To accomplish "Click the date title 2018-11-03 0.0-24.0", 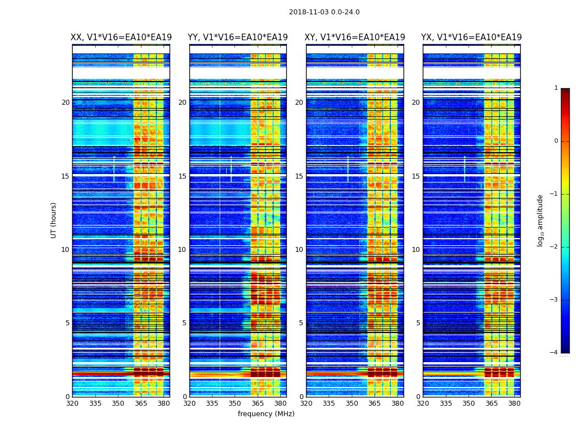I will [324, 12].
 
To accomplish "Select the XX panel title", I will [121, 37].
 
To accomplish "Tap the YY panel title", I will [238, 37].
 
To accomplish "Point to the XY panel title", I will [355, 37].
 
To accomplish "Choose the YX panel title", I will [472, 37].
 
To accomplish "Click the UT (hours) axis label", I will [54, 220].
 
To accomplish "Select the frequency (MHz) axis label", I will [266, 414].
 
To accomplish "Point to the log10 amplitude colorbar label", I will [541, 220].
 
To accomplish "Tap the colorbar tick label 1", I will [555, 88].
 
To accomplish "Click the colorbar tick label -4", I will [554, 353].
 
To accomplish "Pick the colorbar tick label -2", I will [554, 247].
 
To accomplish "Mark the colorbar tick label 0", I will [555, 141].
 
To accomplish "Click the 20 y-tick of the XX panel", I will [66, 103].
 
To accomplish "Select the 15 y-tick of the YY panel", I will [182, 176].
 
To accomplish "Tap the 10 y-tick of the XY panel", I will [299, 250].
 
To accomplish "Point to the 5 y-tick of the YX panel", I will [418, 323].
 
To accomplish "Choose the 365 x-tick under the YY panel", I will [258, 404].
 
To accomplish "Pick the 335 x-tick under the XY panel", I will [329, 404].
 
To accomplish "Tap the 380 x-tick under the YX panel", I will [514, 404].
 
